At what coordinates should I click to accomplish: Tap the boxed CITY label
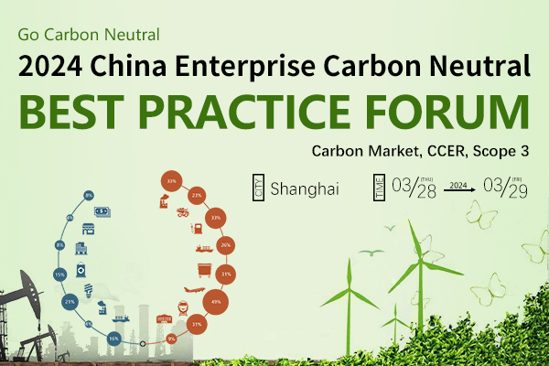pos(258,189)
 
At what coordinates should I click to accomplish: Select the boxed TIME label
pos(378,188)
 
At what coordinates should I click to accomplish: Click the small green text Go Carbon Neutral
pos(89,35)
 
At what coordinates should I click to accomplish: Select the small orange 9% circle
pos(170,339)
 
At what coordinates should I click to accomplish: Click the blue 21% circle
pos(70,301)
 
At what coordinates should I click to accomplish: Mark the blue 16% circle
pos(113,338)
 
